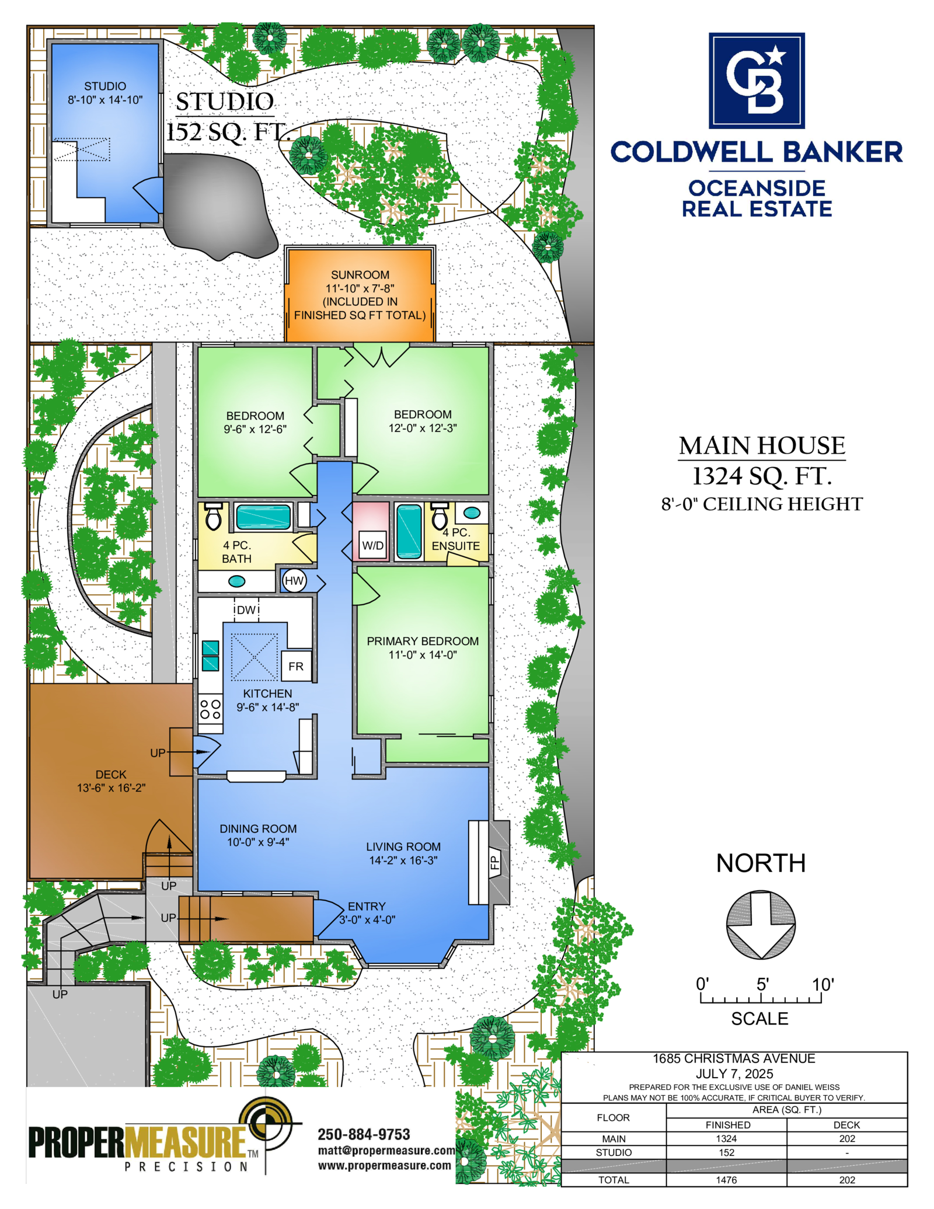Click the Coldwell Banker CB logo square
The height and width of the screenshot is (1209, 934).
click(756, 81)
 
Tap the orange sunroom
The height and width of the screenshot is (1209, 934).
click(360, 295)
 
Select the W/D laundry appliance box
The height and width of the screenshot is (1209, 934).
click(372, 545)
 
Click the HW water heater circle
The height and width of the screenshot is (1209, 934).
click(294, 580)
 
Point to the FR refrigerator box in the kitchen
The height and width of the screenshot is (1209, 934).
click(296, 666)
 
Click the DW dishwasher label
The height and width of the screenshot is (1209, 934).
click(246, 610)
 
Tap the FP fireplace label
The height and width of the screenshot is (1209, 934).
click(494, 862)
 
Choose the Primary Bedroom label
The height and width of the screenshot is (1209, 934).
click(423, 641)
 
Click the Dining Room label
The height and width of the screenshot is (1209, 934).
click(258, 829)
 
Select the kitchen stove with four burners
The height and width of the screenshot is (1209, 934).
click(210, 709)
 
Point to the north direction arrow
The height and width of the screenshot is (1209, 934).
click(761, 925)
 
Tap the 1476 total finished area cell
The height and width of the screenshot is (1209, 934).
click(726, 1180)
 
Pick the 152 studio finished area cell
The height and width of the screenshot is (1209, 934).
click(726, 1152)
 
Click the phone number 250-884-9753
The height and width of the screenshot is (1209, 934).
click(364, 1134)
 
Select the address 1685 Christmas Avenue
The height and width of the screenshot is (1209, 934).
click(734, 1059)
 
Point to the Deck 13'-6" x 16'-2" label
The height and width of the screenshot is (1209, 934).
click(111, 781)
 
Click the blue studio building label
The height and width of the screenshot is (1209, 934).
click(105, 93)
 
